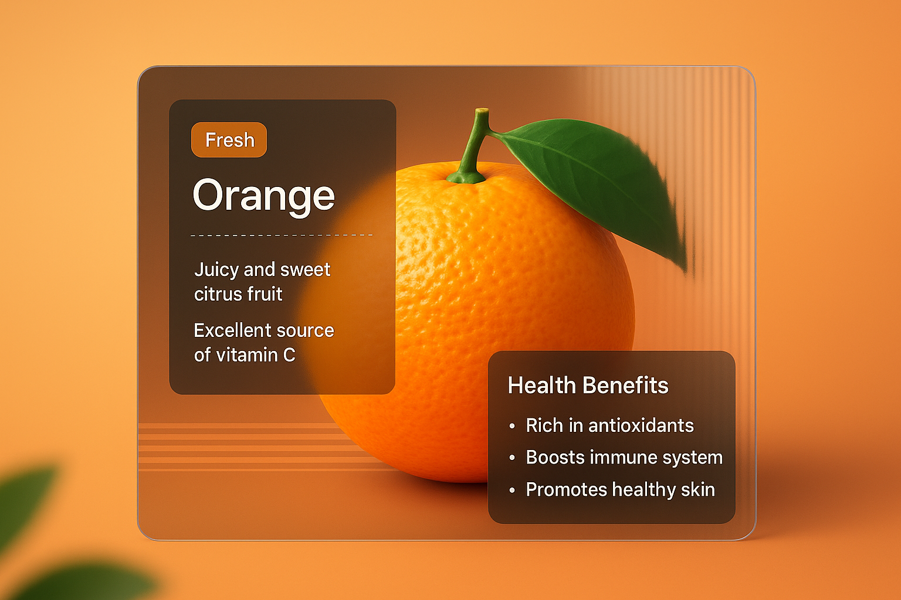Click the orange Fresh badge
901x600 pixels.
(229, 140)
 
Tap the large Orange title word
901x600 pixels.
(263, 196)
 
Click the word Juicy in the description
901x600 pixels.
(216, 270)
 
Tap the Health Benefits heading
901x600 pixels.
(588, 386)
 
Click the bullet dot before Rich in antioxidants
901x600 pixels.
(512, 427)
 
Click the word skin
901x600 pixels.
(698, 489)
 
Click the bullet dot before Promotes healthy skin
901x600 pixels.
(512, 490)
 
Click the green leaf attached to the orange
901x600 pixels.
(598, 176)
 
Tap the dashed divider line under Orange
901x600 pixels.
(282, 235)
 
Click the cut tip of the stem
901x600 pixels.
(482, 111)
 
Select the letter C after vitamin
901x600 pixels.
(289, 355)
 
